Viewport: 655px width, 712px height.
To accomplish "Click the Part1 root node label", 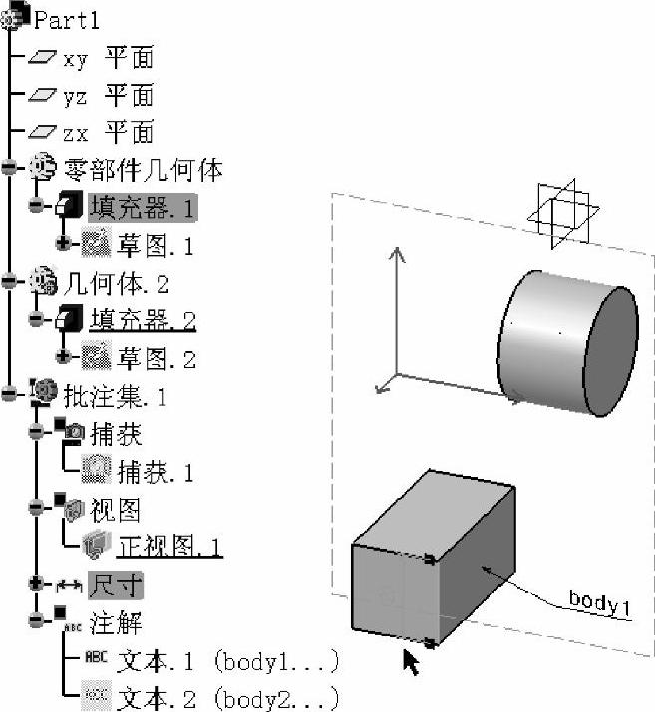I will (x=67, y=19).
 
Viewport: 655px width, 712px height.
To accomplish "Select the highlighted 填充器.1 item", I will (x=143, y=207).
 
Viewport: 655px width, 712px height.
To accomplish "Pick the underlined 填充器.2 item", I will (x=143, y=321).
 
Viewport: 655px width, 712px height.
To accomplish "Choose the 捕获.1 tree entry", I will (x=156, y=471).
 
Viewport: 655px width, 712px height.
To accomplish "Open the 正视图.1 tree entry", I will (x=169, y=546).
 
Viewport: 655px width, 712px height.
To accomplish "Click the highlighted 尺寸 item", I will (x=114, y=584).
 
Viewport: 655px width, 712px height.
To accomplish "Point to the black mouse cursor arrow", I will (x=410, y=660).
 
